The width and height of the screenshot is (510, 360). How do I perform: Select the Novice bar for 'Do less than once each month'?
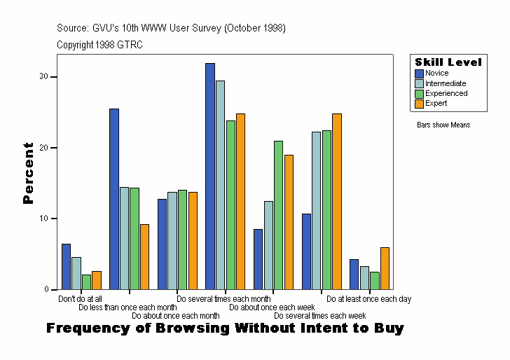(x=114, y=199)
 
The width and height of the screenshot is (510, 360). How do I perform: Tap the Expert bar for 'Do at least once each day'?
(x=385, y=268)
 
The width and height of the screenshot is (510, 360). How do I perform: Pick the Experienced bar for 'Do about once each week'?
(x=278, y=215)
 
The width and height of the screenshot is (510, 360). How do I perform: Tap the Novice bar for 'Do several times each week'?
(x=306, y=251)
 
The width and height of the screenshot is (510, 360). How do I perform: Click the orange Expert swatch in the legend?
(x=420, y=104)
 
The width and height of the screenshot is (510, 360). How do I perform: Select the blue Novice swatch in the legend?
(x=420, y=74)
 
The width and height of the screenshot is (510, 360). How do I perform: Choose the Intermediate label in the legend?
(x=446, y=83)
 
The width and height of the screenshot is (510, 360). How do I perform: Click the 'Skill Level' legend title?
(x=448, y=62)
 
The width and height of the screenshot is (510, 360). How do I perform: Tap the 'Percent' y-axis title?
(x=28, y=173)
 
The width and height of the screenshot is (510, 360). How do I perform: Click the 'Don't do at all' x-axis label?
(x=80, y=299)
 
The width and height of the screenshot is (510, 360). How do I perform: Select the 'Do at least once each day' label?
(x=368, y=299)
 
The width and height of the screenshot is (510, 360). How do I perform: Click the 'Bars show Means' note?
(x=443, y=125)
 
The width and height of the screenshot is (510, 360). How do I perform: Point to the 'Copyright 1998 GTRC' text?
(x=100, y=44)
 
